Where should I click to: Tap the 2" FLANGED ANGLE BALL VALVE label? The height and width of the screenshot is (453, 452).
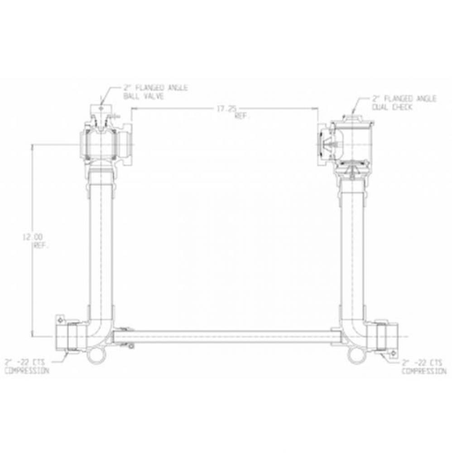pos(155,93)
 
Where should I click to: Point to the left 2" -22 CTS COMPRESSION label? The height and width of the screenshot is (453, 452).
pos(26,366)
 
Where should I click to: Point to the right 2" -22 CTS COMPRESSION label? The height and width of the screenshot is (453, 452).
pos(423,366)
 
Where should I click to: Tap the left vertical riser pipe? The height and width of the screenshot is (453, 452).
pos(100,245)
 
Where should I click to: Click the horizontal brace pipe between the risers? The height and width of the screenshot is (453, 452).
pos(226,337)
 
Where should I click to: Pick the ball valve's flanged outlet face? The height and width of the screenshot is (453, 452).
pos(128,146)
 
